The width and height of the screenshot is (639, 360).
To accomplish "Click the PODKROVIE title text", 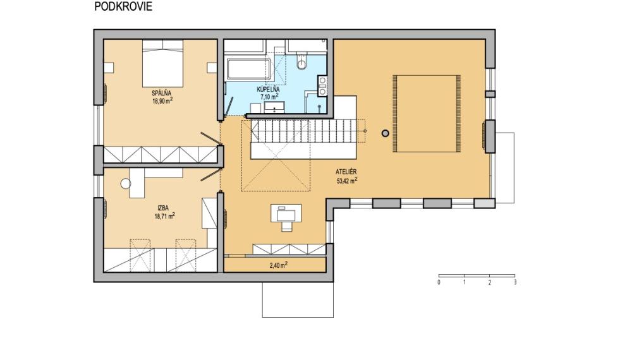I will point(123,7).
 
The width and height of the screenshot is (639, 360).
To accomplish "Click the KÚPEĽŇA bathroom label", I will point(268,90).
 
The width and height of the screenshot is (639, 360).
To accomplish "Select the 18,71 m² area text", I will point(164,215).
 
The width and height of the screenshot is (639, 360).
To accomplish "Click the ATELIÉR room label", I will point(347,172).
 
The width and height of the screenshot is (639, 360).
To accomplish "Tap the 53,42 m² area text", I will point(347,180).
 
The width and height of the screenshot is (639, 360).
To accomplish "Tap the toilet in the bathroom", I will point(301,61).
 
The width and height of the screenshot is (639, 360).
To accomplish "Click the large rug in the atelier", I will point(426,114).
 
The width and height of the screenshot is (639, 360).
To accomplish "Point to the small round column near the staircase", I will point(385,133).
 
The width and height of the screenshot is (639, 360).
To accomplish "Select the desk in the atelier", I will point(286,213).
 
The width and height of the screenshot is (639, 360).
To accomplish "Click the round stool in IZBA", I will point(125,183).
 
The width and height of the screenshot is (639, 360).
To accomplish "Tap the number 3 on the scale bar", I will point(514,282).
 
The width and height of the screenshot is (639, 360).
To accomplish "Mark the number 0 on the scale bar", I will point(439,282).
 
